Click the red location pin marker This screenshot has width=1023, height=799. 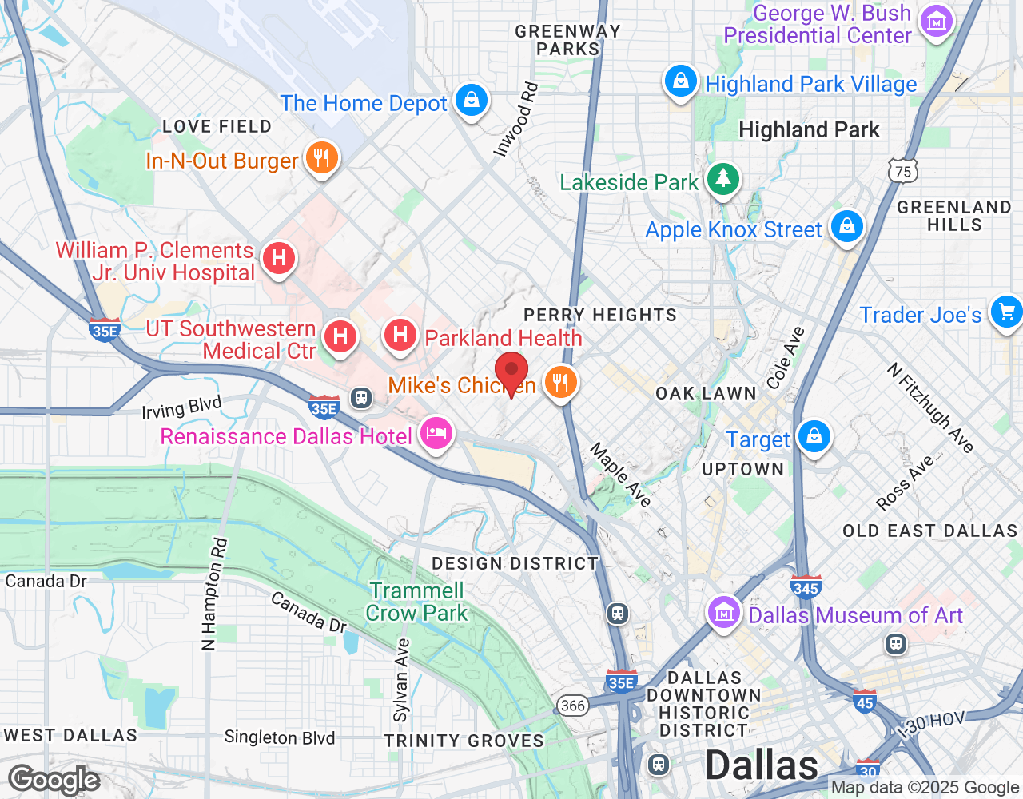[x=511, y=372]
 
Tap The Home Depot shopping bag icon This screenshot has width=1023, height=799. [x=472, y=101]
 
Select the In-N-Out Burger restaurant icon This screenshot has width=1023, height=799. [x=321, y=158]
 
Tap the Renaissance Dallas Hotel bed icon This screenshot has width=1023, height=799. [x=436, y=434]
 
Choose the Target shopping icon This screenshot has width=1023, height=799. [x=814, y=437]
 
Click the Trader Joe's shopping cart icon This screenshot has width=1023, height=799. [x=1005, y=312]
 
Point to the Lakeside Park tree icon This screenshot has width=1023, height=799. [x=723, y=179]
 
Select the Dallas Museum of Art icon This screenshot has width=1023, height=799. [x=724, y=614]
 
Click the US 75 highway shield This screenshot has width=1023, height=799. [x=902, y=171]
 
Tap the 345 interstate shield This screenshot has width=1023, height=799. [x=806, y=587]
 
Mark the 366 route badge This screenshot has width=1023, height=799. [x=572, y=705]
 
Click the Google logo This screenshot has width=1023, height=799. [x=54, y=780]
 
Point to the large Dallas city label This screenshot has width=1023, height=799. [x=761, y=765]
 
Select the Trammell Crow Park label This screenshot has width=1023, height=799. [x=416, y=602]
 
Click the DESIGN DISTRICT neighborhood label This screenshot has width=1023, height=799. [x=515, y=563]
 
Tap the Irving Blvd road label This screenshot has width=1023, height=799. [x=181, y=407]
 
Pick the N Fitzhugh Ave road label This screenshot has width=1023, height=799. [x=930, y=407]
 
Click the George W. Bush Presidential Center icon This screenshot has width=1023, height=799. [x=937, y=22]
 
